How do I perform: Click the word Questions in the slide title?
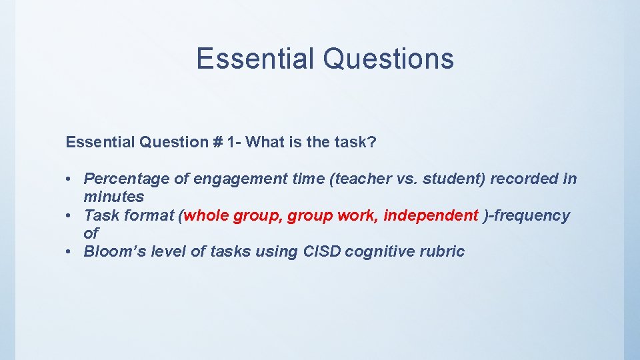[388, 59]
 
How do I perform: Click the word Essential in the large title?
[254, 59]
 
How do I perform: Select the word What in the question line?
[263, 142]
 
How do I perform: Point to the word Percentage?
[125, 179]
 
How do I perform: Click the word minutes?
[113, 197]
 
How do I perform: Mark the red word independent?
[431, 215]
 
